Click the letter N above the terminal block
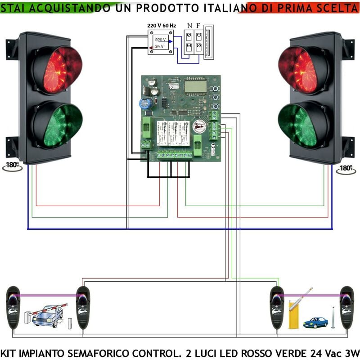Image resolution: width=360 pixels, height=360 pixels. (x=189, y=26)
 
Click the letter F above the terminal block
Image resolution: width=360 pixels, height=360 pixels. (x=198, y=26)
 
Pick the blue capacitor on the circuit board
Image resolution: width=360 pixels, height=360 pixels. (x=144, y=103)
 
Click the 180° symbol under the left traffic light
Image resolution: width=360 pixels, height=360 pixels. (x=11, y=165)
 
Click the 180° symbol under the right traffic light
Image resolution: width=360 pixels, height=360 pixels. (x=345, y=168)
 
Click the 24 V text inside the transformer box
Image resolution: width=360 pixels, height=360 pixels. (x=159, y=46)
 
